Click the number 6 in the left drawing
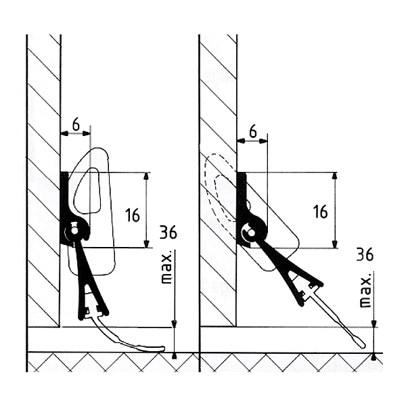(75, 125)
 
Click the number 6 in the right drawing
(252, 131)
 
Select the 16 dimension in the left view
(133, 215)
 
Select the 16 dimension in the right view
(320, 210)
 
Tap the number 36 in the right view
(365, 255)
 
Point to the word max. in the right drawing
(365, 291)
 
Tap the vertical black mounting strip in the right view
(240, 196)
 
